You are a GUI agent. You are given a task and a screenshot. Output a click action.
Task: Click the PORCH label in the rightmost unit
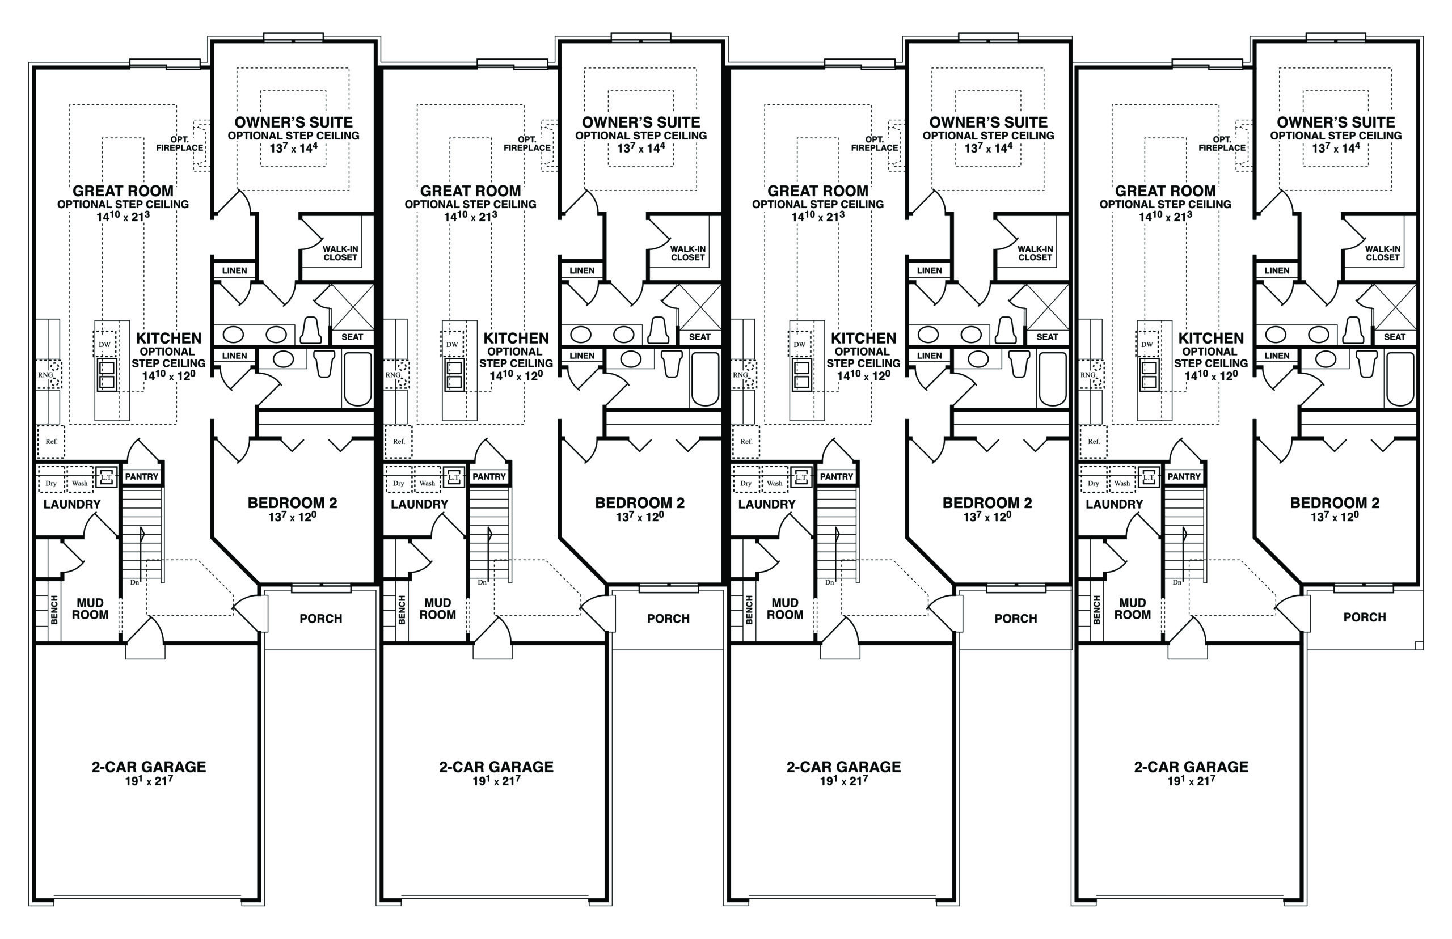click(x=1364, y=617)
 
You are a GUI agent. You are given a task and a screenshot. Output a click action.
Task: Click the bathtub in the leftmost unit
click(x=358, y=379)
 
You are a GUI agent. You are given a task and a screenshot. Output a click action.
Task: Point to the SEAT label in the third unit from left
click(x=1047, y=337)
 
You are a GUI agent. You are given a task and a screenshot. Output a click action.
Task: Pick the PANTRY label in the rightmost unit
click(x=1184, y=476)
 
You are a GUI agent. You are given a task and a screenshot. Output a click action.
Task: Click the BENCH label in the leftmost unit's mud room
click(x=54, y=610)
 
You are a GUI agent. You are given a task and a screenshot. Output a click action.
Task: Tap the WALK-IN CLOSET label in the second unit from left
click(x=687, y=253)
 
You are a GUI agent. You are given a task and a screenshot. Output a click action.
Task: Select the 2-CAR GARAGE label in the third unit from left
click(x=843, y=767)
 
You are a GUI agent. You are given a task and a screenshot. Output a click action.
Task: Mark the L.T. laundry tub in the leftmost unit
click(x=107, y=477)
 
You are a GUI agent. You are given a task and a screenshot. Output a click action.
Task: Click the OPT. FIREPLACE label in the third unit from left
click(x=874, y=144)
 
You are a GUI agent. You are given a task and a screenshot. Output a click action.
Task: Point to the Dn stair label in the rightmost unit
click(x=1176, y=582)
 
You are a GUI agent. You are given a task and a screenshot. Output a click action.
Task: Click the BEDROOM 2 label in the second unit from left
click(x=640, y=503)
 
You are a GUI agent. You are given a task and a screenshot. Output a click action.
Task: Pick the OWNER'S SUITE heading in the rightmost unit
click(x=1336, y=122)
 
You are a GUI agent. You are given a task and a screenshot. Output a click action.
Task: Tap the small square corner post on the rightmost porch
click(x=1419, y=646)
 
